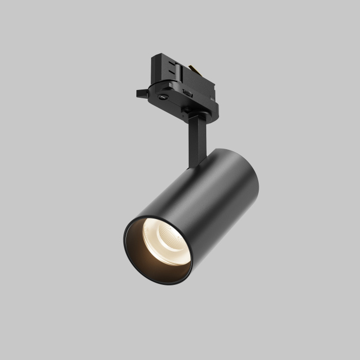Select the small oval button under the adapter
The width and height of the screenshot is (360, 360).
click(x=164, y=96)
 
